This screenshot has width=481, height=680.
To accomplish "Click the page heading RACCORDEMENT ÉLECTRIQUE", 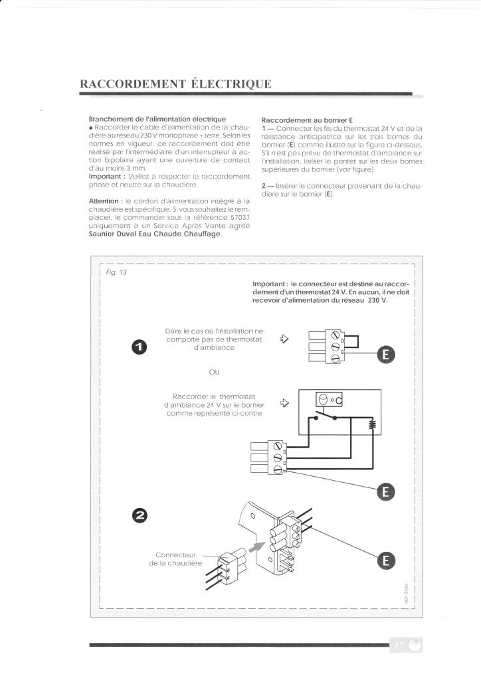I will point(175,84).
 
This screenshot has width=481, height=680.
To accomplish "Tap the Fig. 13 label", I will point(116,273).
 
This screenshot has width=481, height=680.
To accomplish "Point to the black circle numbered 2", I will point(140,515).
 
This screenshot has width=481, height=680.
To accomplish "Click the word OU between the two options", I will point(213,372).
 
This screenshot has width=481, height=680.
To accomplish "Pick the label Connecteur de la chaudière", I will point(174,559).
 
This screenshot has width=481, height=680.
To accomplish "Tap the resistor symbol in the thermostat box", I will point(373,426).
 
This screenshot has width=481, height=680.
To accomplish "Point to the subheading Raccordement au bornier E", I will point(302,120).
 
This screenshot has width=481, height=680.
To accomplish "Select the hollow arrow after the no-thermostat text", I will point(285,339).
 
